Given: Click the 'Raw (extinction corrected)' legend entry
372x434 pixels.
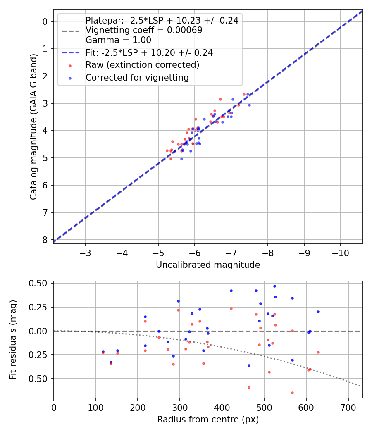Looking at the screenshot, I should (x=142, y=65).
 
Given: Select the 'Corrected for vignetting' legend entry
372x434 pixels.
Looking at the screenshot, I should (x=137, y=78).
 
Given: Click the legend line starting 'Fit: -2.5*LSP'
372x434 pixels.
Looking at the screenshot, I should (x=149, y=53).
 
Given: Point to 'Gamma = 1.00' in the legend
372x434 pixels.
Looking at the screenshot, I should (x=118, y=40).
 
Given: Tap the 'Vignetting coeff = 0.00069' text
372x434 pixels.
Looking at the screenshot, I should (x=144, y=30).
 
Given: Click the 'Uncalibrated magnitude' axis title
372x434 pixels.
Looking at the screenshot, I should (x=208, y=265).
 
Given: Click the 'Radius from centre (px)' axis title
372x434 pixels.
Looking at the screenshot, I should (x=208, y=420).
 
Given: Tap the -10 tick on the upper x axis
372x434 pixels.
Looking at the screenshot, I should (x=341, y=252).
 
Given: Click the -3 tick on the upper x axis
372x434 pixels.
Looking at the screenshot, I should (x=86, y=252).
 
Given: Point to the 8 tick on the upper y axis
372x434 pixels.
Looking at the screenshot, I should (x=45, y=240).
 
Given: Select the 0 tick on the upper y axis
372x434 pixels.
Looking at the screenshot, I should (x=45, y=21).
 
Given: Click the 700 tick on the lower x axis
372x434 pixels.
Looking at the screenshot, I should (x=348, y=407).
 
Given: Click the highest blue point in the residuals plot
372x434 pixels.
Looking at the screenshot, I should (x=274, y=286).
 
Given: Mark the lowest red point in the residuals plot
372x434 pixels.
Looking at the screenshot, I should (x=292, y=393).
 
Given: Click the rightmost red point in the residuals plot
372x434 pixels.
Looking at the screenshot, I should (x=318, y=352).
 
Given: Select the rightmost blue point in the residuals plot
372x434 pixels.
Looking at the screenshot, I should (x=318, y=312).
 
